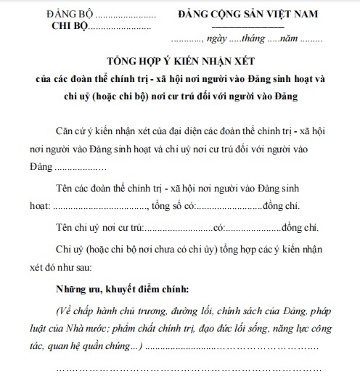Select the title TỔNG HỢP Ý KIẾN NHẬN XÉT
click(x=179, y=60)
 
